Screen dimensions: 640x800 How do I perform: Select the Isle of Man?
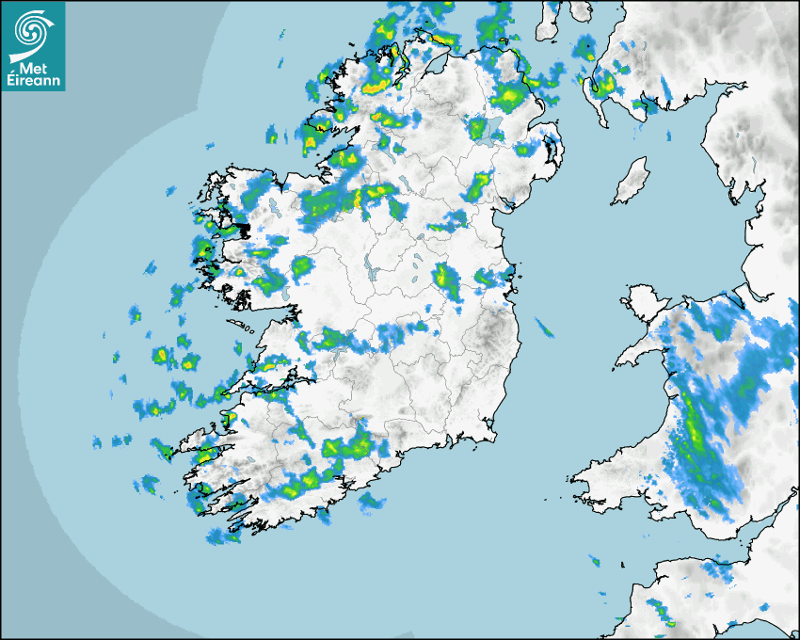[x=631, y=181]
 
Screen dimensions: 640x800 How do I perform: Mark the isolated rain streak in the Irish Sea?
[x=545, y=327]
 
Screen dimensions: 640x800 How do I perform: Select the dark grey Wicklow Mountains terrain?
[x=489, y=329]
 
